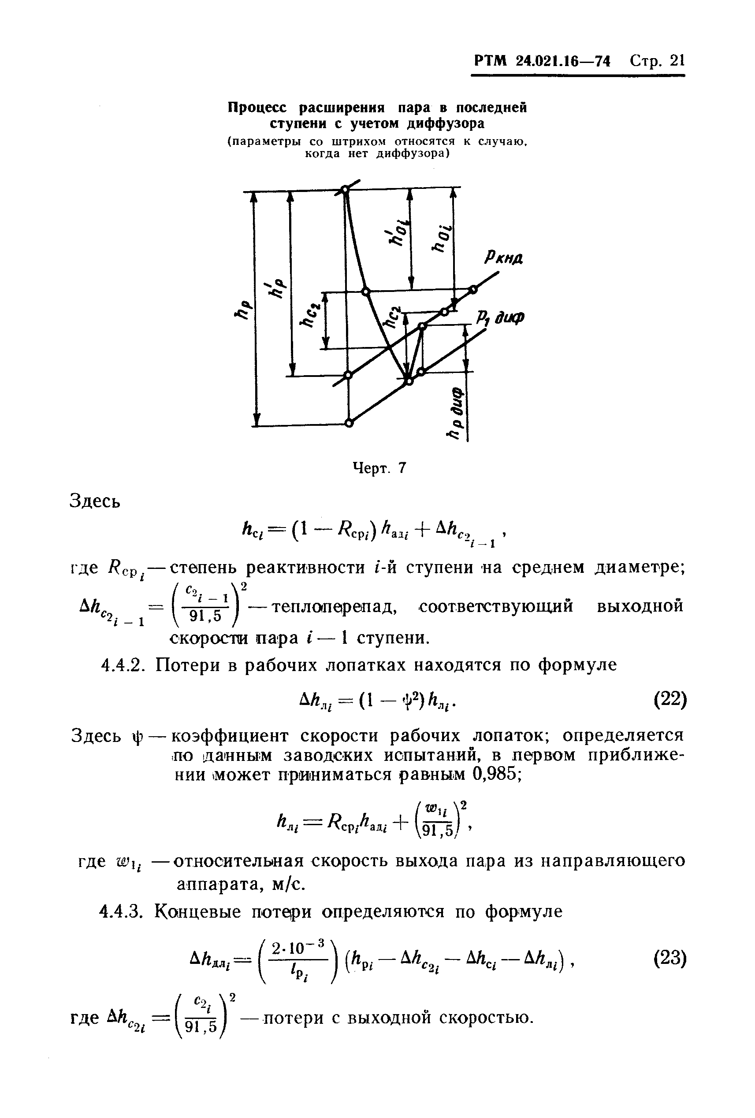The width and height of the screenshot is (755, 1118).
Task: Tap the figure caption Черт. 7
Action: [380, 468]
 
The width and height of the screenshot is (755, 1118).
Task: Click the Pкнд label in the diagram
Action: [504, 259]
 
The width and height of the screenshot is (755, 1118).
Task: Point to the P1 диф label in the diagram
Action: [501, 318]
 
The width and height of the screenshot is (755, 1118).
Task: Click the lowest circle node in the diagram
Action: [349, 423]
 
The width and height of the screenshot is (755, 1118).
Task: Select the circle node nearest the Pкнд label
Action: [473, 289]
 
